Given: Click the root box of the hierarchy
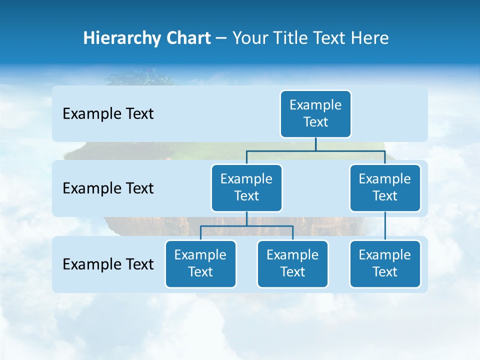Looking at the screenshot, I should pos(315,114).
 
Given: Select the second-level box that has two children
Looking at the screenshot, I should pos(246,188).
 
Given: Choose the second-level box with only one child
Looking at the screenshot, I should pos(385,188).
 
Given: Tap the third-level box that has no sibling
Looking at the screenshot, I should pos(385,264).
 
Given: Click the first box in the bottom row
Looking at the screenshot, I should pos(200,264).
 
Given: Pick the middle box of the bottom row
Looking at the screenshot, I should pos(292,264).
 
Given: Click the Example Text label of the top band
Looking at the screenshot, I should pos(108,114).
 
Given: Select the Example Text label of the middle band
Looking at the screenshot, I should pos(108,188).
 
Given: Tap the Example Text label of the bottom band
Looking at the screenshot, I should pos(108,264).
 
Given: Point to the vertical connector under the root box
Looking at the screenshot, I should pos(315,144).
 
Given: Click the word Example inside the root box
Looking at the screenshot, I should pos(315,105).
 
